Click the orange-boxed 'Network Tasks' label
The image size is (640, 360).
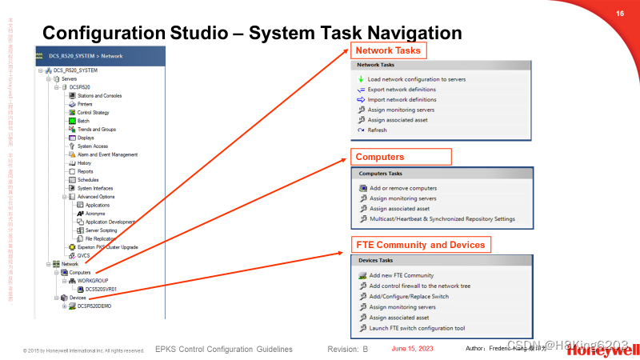[x=387, y=50]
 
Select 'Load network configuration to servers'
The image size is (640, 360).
[x=416, y=79]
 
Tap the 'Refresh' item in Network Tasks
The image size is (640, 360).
[x=377, y=130]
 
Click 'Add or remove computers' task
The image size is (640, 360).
[x=402, y=188]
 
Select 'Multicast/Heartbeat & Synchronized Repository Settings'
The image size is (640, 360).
[x=442, y=218]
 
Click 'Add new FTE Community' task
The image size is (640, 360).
[x=402, y=275]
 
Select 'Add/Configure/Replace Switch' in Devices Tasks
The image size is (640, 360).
[x=409, y=296]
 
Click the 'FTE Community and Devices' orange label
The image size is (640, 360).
[x=419, y=244]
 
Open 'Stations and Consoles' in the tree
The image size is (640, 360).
[x=99, y=95]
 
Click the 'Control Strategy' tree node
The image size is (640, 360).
[x=93, y=113]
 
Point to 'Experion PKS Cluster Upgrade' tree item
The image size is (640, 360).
[x=107, y=247]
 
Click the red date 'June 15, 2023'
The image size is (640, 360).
[x=412, y=350]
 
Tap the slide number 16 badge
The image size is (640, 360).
[x=619, y=14]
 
